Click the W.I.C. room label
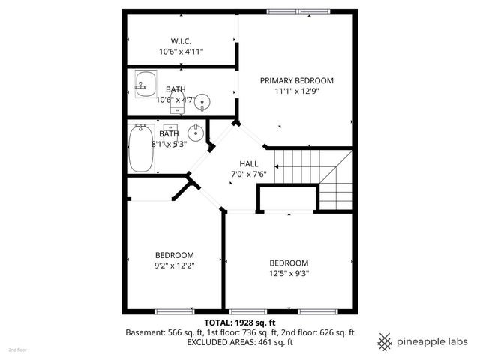pos(181,40)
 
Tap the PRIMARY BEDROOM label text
pos(297,80)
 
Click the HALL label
pos(249,164)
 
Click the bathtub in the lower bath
pos(142,148)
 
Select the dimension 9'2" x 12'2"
pos(175,265)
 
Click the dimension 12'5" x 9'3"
pos(289,273)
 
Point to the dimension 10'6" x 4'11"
pos(181,52)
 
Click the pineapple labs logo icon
pos(385,341)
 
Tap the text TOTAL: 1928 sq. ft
pos(241,322)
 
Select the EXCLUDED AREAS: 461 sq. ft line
pos(241,342)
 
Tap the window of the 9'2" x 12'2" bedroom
pos(175,310)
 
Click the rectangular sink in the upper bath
pos(145,82)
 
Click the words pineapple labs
pos(433,341)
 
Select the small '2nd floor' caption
pos(17,349)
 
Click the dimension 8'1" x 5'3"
pos(169,143)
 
